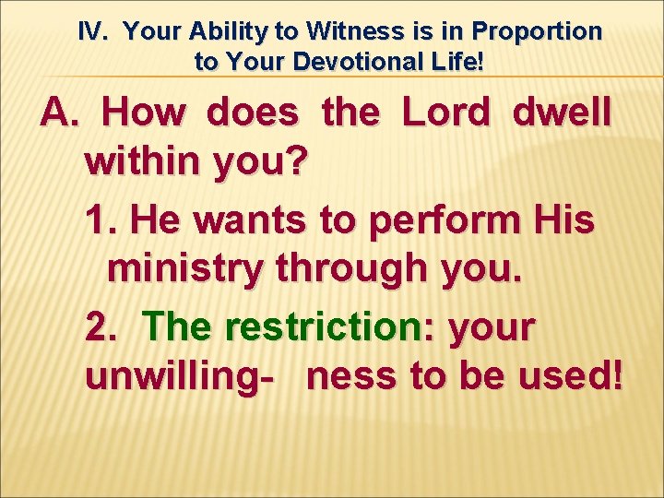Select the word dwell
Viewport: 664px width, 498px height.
pyautogui.click(x=561, y=113)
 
